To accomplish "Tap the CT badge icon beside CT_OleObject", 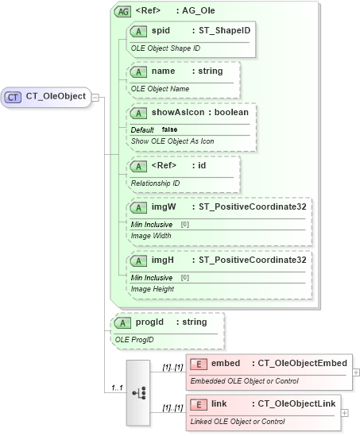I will tap(14, 97).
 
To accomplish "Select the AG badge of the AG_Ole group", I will tap(123, 11).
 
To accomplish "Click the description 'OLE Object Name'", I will tap(160, 89).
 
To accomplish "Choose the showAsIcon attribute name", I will tap(176, 113).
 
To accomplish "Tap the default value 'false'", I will tap(169, 129).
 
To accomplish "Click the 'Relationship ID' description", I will tap(155, 183).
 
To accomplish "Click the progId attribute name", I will tap(149, 322).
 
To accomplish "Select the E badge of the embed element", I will tap(199, 364).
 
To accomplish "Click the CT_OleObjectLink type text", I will tap(296, 404).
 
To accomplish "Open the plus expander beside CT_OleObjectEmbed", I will tap(355, 372).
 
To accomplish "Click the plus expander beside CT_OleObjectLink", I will tap(344, 412).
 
